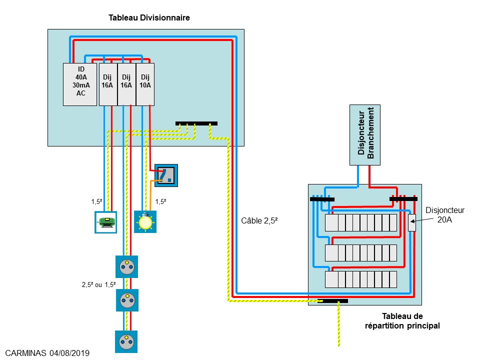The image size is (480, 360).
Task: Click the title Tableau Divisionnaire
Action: click(x=149, y=18)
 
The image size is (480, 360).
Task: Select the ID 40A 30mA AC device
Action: click(x=80, y=84)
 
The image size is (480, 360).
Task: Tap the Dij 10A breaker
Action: click(x=145, y=84)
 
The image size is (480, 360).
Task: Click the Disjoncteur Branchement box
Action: click(x=364, y=134)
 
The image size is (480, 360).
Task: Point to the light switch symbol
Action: click(x=166, y=175)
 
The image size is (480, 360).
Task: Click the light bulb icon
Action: click(x=145, y=221)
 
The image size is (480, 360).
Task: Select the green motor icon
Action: click(x=105, y=222)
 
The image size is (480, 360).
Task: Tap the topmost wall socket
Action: click(x=127, y=266)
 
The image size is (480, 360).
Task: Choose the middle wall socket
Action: click(x=127, y=300)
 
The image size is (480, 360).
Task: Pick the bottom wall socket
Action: click(x=127, y=341)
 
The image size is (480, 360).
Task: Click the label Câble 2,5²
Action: click(x=259, y=220)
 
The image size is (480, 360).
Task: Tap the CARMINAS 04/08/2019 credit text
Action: click(x=47, y=353)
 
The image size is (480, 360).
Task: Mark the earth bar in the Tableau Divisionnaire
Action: click(x=196, y=123)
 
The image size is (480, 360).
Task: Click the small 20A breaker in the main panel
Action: click(x=412, y=222)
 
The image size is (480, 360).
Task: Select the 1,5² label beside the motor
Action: click(x=96, y=202)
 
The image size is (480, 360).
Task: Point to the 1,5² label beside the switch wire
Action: click(x=160, y=202)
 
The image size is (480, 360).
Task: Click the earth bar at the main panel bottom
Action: click(x=335, y=301)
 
